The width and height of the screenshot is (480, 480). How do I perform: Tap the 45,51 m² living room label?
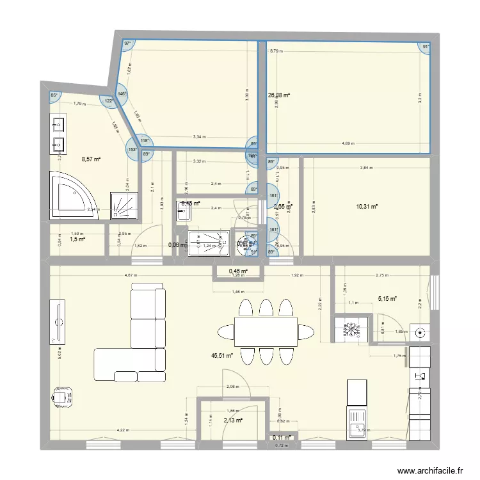(221, 356)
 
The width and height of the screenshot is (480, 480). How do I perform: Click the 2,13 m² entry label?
(233, 420)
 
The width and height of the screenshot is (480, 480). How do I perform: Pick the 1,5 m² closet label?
(77, 239)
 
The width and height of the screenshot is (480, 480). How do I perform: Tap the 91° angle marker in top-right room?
(426, 46)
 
